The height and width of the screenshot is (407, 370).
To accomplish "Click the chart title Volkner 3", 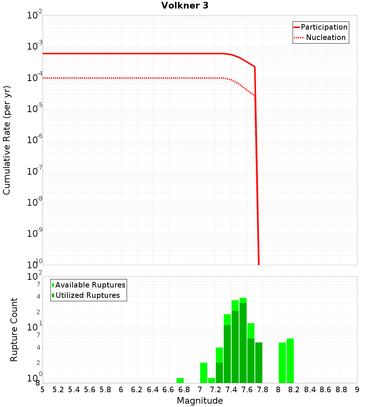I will tap(185, 6).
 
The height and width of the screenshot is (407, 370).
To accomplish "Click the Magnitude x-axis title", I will tap(200, 401).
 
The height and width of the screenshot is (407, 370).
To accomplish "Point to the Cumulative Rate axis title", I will tap(7, 140).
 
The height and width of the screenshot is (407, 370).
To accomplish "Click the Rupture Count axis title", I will tap(14, 330).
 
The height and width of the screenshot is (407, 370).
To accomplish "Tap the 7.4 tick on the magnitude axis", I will tap(231, 390).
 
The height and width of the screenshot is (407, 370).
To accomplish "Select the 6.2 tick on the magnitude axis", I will tap(137, 390).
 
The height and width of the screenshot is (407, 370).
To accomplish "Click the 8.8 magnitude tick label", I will tap(342, 390).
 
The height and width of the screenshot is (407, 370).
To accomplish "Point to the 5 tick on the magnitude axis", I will tap(43, 390).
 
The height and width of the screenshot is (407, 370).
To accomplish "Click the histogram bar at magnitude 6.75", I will tap(180, 380).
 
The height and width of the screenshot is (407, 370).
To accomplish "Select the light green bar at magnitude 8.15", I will tap(290, 361).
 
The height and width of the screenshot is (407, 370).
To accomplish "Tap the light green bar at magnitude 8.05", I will tap(282, 363).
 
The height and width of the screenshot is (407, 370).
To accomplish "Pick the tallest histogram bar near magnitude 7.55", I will tap(243, 340).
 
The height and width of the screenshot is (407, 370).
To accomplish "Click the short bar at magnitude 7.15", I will tap(212, 380).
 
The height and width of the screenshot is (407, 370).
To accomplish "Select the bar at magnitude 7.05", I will tap(203, 373).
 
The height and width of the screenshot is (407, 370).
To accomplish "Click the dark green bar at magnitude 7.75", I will tap(259, 363).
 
